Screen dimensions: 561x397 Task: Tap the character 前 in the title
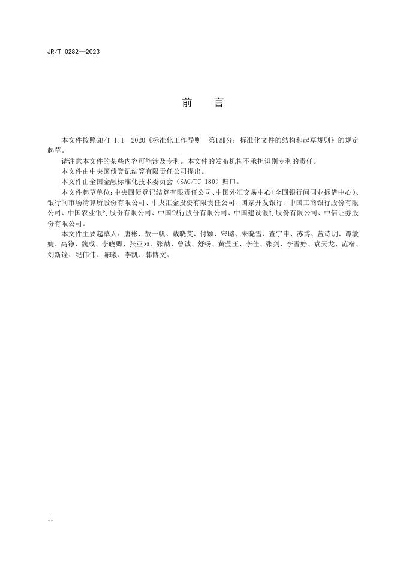coord(187,103)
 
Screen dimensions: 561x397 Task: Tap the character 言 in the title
coord(218,103)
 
